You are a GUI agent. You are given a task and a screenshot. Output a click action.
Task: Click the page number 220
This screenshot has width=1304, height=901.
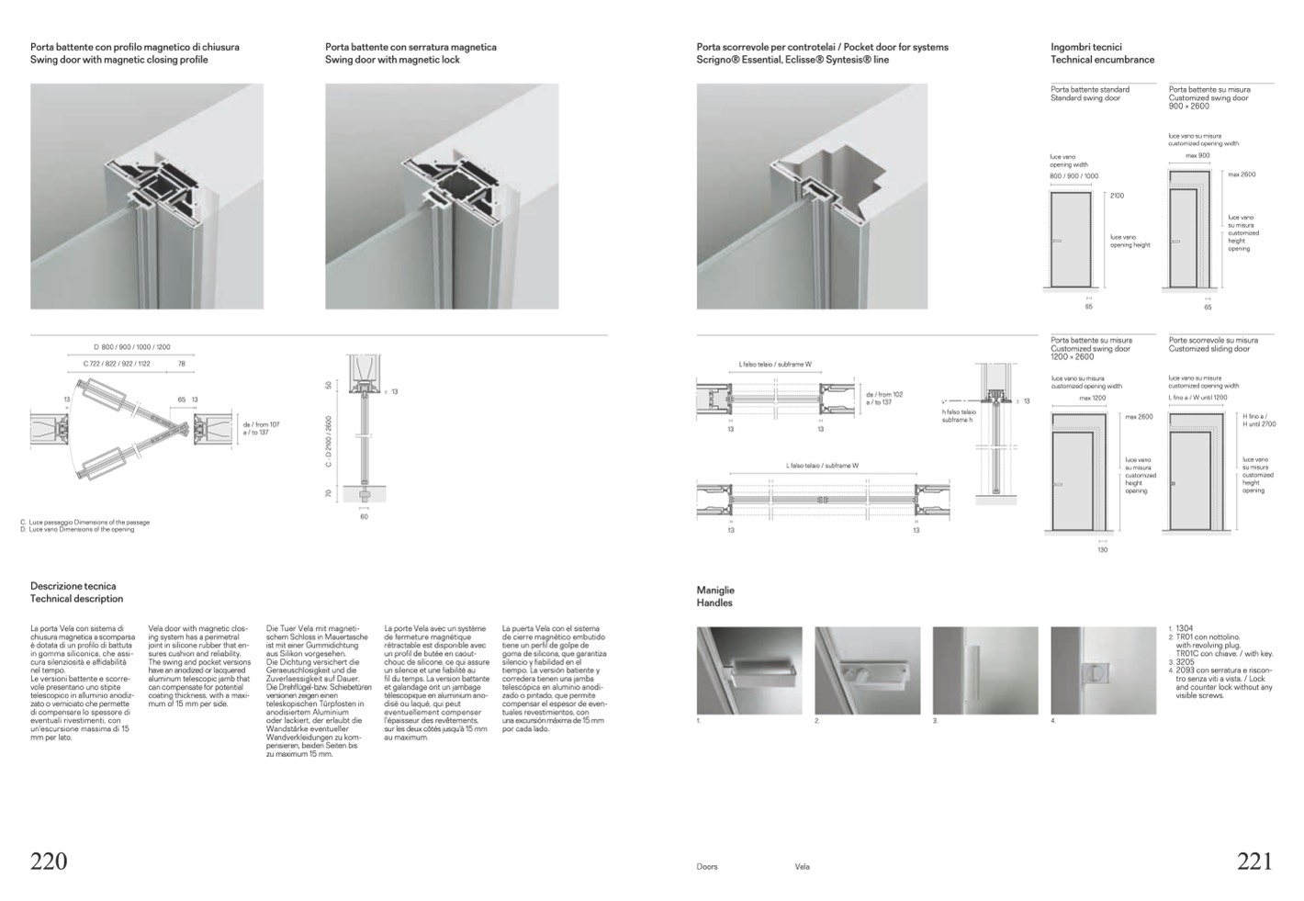tap(50, 862)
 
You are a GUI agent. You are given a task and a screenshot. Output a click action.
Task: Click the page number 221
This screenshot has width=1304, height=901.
tap(1255, 862)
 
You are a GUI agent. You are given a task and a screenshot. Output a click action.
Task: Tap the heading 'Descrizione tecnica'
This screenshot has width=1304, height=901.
tap(73, 586)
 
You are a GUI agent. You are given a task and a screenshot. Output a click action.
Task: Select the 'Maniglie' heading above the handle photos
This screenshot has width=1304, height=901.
tap(715, 591)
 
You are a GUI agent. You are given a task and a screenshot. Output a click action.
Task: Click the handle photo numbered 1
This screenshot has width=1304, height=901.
tap(749, 670)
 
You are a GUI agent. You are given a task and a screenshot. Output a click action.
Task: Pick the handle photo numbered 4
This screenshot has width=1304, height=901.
tap(1103, 670)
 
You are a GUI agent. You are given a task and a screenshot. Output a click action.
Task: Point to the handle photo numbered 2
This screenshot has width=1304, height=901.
tap(867, 670)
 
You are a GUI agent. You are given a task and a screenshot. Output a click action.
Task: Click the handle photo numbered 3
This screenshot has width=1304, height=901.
tap(985, 670)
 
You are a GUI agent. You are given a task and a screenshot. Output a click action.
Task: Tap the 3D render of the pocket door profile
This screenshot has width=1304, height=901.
tap(812, 197)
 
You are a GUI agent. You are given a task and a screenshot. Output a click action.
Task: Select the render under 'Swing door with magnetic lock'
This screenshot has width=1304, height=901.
tap(442, 197)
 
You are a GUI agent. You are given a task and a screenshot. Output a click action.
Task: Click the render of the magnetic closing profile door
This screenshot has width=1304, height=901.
tap(147, 197)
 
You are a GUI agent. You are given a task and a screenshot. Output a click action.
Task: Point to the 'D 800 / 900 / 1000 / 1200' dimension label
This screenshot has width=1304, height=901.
tap(132, 347)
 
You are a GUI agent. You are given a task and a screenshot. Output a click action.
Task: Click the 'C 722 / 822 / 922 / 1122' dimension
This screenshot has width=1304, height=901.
tap(117, 364)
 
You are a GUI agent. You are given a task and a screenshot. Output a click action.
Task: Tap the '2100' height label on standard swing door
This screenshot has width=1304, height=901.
tap(1117, 196)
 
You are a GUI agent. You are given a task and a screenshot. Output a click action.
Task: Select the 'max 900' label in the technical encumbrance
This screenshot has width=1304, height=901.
tap(1197, 155)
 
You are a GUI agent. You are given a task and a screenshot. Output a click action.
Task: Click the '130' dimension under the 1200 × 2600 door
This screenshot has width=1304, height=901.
tap(1103, 549)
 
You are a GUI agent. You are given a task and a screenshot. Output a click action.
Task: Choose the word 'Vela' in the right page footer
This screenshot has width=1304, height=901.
tap(803, 866)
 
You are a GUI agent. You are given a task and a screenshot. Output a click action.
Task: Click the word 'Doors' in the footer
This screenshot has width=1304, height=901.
tap(707, 866)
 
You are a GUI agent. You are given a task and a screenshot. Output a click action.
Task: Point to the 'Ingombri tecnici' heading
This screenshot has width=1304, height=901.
tap(1086, 47)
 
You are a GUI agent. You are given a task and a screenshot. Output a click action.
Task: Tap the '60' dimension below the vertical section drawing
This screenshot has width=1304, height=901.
tap(364, 517)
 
